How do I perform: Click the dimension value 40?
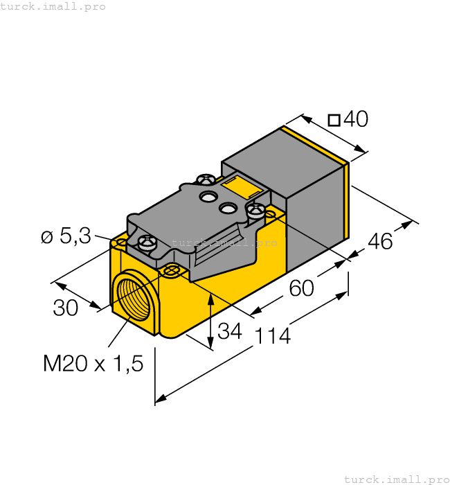[x=356, y=120]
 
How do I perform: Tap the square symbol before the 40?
[x=334, y=121]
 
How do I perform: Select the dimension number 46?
[x=380, y=242]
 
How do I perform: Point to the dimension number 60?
[x=302, y=288]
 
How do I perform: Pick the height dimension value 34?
[x=229, y=331]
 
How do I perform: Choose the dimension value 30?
[x=66, y=308]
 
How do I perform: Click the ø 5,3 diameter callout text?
[x=66, y=236]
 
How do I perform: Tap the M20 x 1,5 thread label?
[x=93, y=362]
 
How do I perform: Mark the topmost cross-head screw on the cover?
[x=206, y=180]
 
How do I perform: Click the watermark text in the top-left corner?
[x=53, y=6]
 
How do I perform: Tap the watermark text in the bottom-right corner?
[x=397, y=479]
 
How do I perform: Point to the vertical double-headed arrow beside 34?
[x=211, y=320]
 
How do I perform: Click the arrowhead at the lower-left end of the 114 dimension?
[x=160, y=398]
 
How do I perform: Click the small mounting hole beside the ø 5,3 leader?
[x=120, y=243]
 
